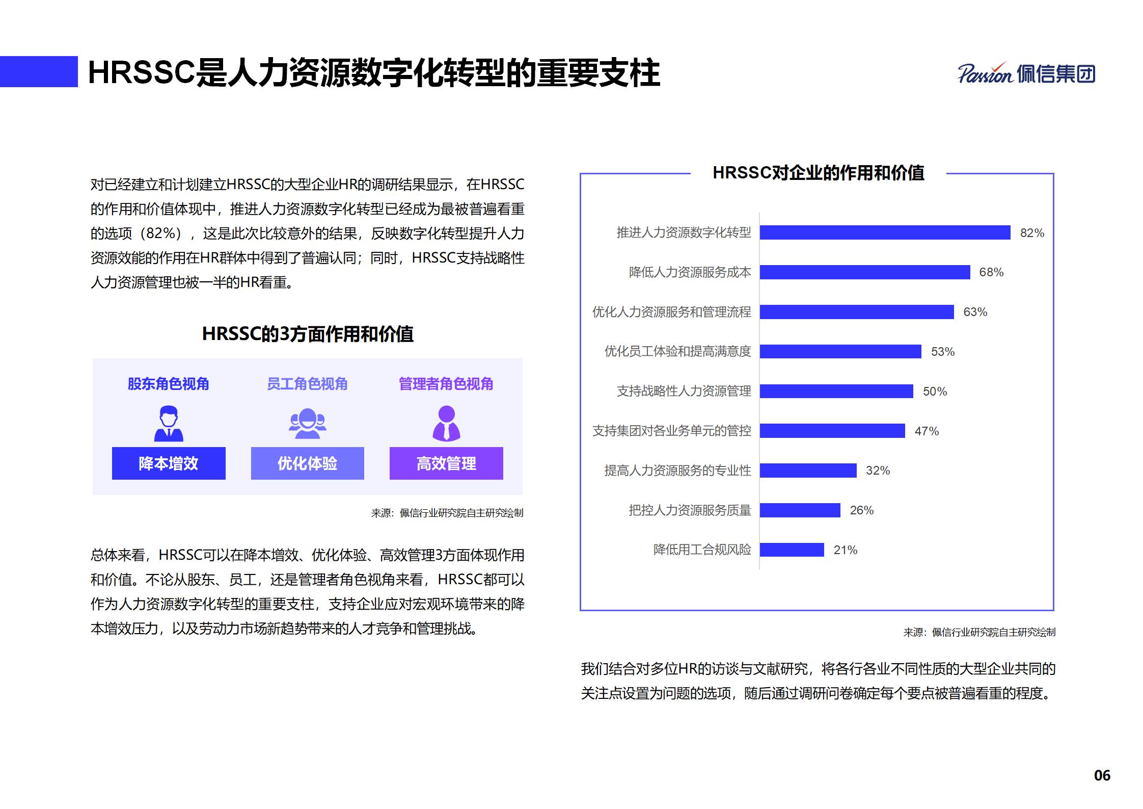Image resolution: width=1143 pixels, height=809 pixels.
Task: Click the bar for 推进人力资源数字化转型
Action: coord(885,232)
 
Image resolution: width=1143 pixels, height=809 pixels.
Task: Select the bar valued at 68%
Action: coord(864,272)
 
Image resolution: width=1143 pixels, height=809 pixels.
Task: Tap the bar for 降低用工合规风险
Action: coord(792,550)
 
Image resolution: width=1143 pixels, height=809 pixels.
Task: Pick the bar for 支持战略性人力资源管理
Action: coord(836,391)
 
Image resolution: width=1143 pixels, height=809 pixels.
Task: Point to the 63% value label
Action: coord(975,312)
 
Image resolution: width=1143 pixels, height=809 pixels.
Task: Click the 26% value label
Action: coord(861,510)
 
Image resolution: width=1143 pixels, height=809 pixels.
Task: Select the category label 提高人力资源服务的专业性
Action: coord(677,471)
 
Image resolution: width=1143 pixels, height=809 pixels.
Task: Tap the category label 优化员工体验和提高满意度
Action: coord(677,351)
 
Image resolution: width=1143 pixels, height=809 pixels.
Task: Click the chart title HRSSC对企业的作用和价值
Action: coord(818,173)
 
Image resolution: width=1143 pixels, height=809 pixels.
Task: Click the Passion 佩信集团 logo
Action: coord(1026,74)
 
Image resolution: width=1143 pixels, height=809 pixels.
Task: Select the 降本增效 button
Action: coord(169,463)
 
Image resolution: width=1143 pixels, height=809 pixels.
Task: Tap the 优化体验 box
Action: coord(307,463)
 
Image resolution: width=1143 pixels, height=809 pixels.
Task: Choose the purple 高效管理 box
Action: coord(446,463)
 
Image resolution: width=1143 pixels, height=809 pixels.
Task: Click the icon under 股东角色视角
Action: coord(169,423)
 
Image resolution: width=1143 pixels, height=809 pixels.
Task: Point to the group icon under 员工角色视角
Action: coord(307,423)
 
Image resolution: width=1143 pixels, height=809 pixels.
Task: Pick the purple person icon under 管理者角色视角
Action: coord(446,423)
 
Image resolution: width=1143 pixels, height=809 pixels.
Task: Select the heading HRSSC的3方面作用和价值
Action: coord(308,334)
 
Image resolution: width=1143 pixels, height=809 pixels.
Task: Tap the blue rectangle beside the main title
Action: coord(39,72)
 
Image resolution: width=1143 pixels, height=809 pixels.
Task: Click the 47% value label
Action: coord(926,431)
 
